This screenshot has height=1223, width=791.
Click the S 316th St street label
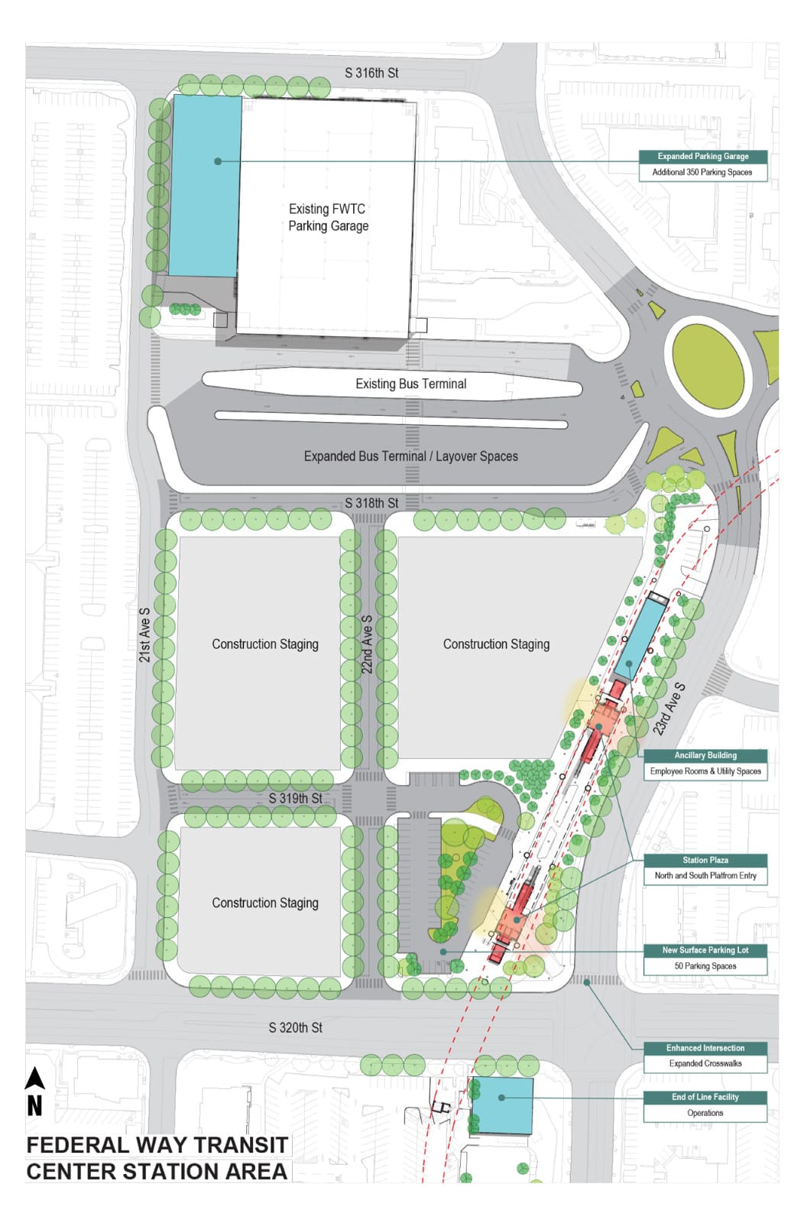(x=371, y=73)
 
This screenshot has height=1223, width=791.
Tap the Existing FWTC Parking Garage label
(x=328, y=217)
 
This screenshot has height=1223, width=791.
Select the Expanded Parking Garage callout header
(x=703, y=157)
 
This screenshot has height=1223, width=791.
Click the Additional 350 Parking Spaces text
(x=702, y=173)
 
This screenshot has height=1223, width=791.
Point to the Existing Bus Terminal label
(x=410, y=384)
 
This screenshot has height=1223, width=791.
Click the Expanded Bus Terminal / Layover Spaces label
(x=410, y=456)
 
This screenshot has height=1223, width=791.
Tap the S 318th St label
(x=371, y=503)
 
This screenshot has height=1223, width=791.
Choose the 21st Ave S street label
(x=144, y=634)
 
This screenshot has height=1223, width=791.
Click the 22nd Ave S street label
(x=367, y=644)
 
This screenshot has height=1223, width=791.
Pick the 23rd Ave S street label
(x=669, y=709)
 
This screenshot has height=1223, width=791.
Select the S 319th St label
(x=295, y=798)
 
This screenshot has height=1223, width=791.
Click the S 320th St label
(x=295, y=1028)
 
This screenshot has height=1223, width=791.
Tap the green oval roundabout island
(x=708, y=365)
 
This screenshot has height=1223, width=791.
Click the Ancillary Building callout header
(x=705, y=755)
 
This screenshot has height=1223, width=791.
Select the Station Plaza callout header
(x=705, y=860)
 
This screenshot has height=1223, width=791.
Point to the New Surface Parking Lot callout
(x=705, y=950)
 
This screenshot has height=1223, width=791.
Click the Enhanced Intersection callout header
(x=705, y=1048)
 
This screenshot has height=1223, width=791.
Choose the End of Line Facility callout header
(x=705, y=1097)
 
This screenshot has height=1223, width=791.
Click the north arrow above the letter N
(x=34, y=1079)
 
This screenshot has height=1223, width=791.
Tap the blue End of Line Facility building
(x=502, y=1105)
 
